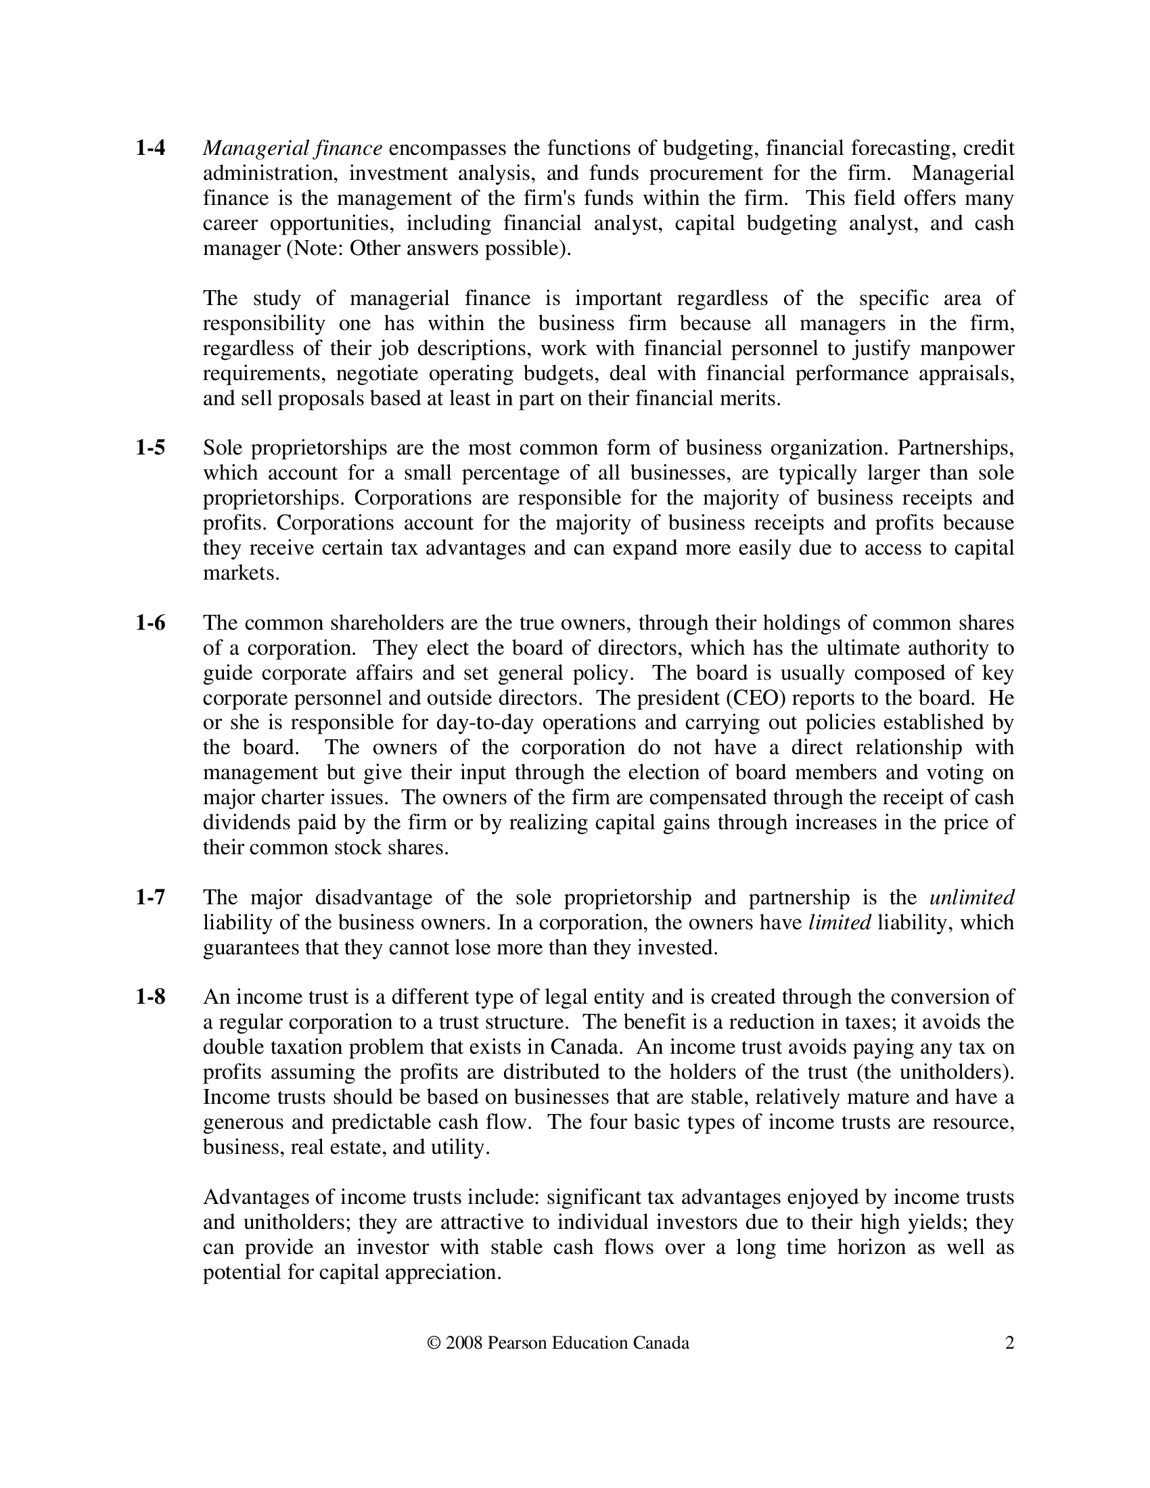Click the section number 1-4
(x=150, y=148)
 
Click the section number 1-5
(x=150, y=448)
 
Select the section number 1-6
(x=150, y=623)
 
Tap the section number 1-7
(x=150, y=898)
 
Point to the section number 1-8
(x=150, y=997)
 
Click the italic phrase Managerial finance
(x=292, y=148)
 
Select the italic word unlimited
(x=971, y=898)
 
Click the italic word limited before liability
(x=839, y=923)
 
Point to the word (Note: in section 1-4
(x=315, y=249)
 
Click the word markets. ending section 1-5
(x=241, y=573)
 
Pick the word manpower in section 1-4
(x=967, y=348)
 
